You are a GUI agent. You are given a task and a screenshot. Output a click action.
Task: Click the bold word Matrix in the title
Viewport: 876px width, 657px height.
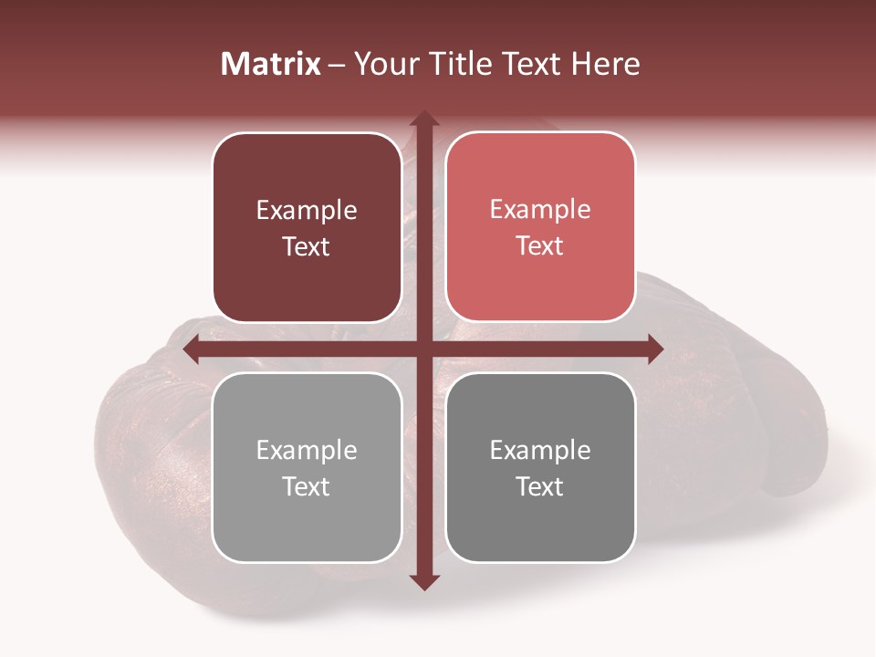[x=271, y=64]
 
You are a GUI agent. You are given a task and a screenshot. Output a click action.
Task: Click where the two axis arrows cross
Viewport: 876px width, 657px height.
[x=424, y=349]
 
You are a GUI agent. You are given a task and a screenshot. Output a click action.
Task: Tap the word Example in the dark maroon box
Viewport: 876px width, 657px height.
[x=307, y=211]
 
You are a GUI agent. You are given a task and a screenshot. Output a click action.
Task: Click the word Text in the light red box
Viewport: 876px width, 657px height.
[x=540, y=246]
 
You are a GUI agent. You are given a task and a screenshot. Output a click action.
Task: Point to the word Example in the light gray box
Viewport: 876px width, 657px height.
[x=307, y=451]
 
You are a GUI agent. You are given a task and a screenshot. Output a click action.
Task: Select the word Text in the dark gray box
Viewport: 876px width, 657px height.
[x=540, y=487]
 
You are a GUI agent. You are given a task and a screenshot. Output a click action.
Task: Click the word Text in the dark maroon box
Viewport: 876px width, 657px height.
[x=307, y=247]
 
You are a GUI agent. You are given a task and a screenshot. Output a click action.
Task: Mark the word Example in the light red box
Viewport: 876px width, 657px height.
[x=540, y=210]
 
